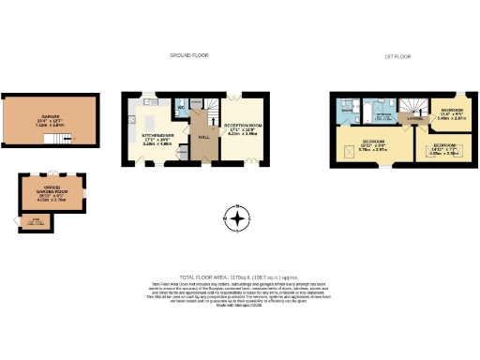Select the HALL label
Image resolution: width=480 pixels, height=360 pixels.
click(x=202, y=136)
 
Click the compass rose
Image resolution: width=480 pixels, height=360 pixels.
click(x=239, y=221)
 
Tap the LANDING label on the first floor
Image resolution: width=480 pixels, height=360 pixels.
click(x=410, y=119)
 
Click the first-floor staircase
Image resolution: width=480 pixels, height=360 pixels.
click(x=412, y=105)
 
